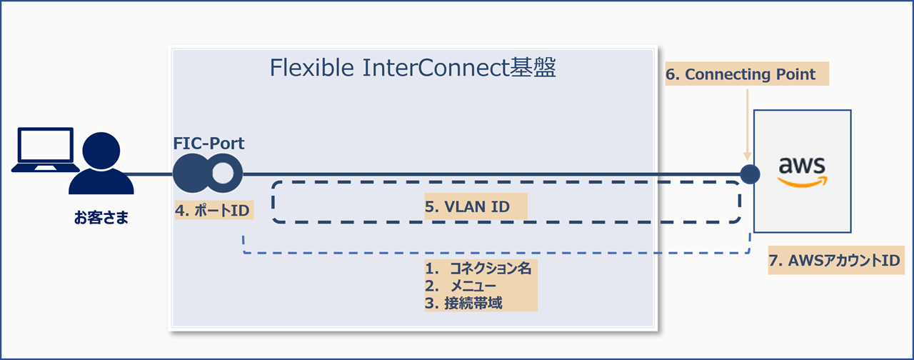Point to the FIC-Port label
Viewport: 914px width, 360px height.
209,144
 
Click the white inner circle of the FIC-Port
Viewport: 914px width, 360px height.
224,174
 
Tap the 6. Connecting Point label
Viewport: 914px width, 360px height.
746,74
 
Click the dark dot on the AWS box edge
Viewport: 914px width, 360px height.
749,174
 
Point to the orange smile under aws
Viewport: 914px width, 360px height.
802,182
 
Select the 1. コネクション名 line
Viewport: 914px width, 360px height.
478,269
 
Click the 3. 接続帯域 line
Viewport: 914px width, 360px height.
464,303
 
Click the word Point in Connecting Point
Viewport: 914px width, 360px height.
795,74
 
